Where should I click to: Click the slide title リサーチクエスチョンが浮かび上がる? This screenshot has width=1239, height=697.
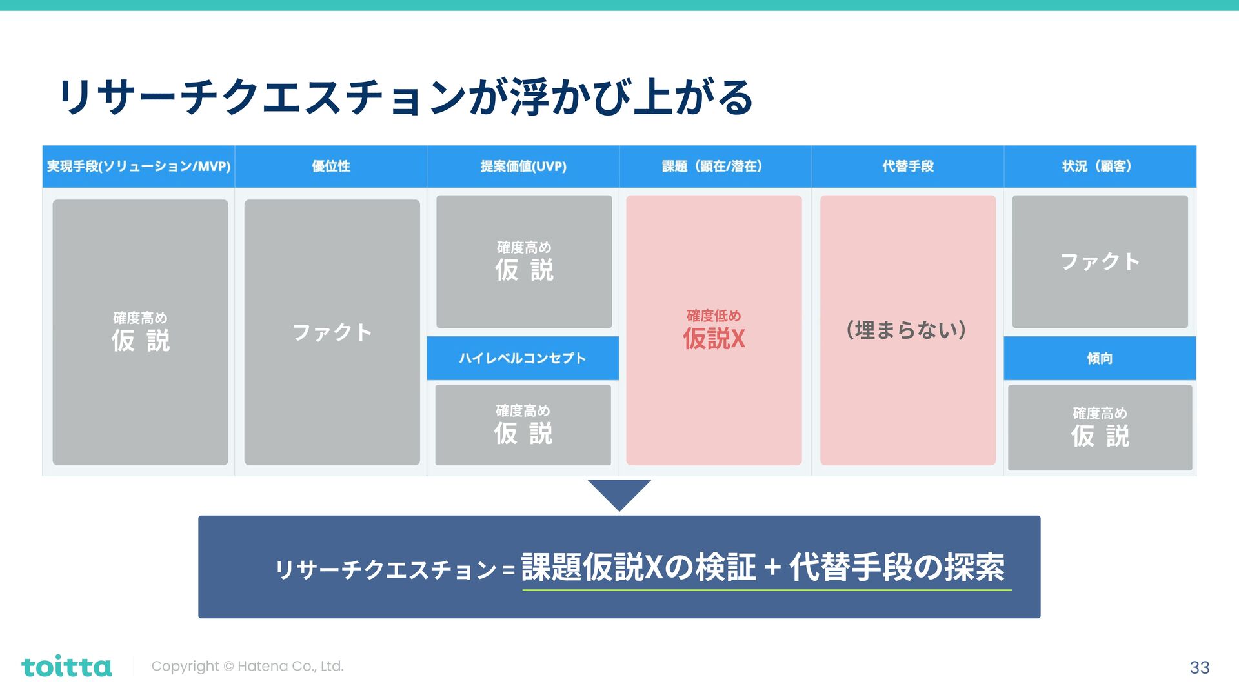point(405,97)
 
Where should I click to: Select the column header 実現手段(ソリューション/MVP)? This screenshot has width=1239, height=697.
point(138,167)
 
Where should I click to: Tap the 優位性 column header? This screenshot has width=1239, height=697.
point(331,167)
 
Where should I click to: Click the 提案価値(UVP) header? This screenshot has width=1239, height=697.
point(523,167)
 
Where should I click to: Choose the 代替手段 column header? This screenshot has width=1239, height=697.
point(908,167)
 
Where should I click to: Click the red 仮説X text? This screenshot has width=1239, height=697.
point(714,338)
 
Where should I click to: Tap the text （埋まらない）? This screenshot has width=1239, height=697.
point(907,330)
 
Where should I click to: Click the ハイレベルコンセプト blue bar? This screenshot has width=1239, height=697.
point(523,358)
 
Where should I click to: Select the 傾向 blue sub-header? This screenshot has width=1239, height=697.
point(1100,358)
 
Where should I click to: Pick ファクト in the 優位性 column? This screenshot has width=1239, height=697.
point(332,332)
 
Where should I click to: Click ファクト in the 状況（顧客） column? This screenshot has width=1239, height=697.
point(1100,261)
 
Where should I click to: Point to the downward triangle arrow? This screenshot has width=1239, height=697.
point(619,493)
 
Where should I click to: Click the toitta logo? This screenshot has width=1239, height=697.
point(66,667)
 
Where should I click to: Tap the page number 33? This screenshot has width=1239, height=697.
point(1199,667)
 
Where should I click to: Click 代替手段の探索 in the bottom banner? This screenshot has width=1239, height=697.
point(897,567)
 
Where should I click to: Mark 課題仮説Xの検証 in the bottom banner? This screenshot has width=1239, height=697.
point(638,567)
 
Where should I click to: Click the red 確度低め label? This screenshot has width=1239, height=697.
point(714,316)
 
